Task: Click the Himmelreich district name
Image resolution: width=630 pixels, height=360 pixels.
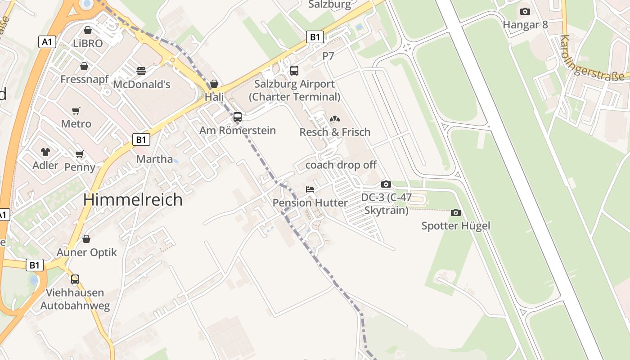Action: [133, 199]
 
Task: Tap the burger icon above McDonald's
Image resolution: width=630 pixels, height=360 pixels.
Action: [141, 71]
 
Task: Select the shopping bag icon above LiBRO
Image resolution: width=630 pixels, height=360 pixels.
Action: [88, 30]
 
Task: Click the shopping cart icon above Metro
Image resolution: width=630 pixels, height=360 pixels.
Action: [76, 111]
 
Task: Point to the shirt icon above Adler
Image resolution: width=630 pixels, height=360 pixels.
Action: [45, 152]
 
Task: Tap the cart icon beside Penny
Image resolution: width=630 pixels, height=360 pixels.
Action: [80, 154]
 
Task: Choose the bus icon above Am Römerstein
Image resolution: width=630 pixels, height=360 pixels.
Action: [238, 117]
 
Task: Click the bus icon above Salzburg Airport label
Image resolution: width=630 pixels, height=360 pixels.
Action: [294, 70]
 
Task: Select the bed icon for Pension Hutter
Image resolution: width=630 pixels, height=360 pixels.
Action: [310, 189]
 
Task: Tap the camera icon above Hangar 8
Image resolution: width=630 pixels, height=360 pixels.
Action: [525, 12]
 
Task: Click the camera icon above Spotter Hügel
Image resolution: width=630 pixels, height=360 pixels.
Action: [456, 212]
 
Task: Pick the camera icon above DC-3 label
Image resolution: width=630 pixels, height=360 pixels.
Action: [386, 184]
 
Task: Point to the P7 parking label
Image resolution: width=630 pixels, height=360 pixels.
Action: [328, 56]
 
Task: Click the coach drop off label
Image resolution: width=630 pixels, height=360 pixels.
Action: [341, 165]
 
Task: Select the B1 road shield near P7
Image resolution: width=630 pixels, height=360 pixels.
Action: [315, 37]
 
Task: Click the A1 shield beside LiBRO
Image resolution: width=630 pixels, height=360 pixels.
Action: [47, 42]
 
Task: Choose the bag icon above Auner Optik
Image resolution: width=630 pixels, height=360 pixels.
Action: [86, 239]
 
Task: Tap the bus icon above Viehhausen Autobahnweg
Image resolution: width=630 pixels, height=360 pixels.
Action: [75, 279]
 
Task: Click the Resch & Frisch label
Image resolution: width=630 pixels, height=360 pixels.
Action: [335, 132]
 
